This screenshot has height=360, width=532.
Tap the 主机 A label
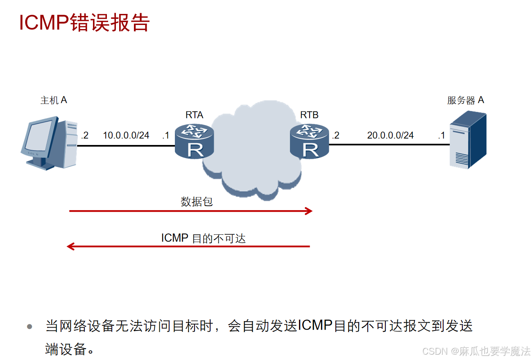pos(54,100)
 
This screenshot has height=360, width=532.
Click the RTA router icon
pos(194,142)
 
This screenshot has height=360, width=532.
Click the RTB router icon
pos(309,142)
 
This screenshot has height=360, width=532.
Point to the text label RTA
pos(194,115)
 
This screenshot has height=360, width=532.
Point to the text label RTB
pos(309,115)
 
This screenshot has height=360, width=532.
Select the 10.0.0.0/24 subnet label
pos(126,135)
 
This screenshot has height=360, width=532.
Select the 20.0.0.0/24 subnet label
pos(390,135)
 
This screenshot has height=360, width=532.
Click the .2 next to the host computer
pos(84,135)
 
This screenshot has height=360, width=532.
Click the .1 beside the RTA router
pos(165,135)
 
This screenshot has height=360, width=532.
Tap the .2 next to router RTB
pos(335,135)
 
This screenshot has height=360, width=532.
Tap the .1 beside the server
pos(441,135)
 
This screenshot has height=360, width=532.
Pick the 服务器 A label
pos(466,100)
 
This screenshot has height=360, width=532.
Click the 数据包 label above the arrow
pos(197,202)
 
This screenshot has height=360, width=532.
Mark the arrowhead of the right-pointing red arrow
pos(309,211)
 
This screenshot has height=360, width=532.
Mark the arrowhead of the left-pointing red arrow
pos(70,246)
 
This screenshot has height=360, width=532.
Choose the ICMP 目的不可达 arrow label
pos(203,238)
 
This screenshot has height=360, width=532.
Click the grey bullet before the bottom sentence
pos(29,327)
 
